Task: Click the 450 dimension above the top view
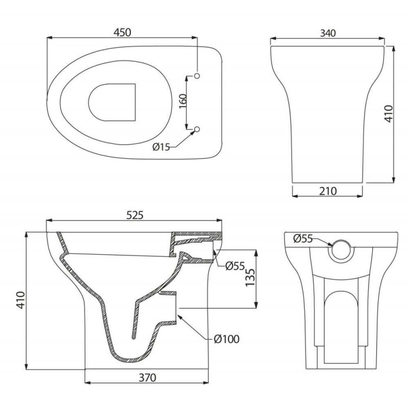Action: (122, 33)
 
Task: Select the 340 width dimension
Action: (328, 33)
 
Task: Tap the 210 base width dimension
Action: (328, 191)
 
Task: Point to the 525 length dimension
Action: (135, 215)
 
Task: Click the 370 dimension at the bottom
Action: (147, 378)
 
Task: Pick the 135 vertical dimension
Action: (250, 277)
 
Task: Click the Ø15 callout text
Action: (161, 147)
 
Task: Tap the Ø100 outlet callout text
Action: (227, 339)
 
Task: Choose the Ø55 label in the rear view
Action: (303, 238)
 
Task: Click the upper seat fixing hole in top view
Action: (197, 76)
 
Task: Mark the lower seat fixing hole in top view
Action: (197, 129)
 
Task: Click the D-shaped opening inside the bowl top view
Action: (135, 102)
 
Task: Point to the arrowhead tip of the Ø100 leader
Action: (178, 315)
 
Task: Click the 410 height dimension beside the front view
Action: (389, 113)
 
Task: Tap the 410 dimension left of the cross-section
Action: (20, 301)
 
